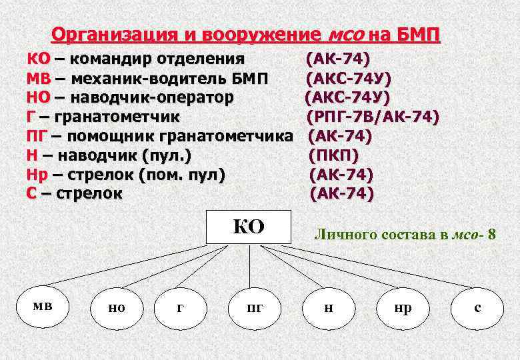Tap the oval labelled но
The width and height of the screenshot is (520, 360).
[116, 307]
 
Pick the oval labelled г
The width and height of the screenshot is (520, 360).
[180, 307]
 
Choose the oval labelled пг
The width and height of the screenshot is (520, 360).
[255, 307]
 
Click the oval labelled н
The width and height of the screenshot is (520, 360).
[329, 307]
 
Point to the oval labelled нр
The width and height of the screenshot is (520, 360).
[403, 307]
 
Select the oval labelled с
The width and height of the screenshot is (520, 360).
[477, 307]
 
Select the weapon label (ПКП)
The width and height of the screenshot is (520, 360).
[334, 156]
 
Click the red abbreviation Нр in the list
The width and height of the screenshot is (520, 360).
[37, 175]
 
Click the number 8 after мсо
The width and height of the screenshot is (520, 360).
[491, 234]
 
